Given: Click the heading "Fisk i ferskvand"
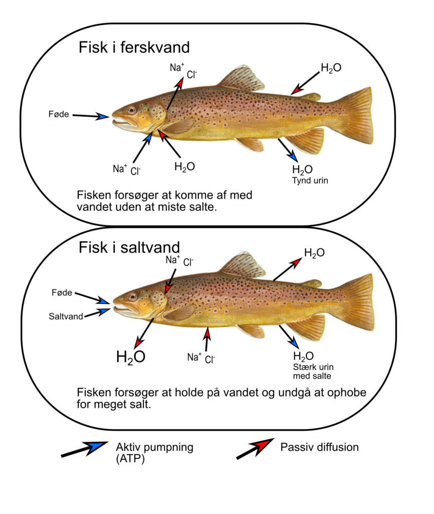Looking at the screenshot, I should point(134,48).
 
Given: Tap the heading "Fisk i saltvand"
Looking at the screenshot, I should point(129,248).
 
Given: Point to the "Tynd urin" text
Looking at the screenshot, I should point(310,181).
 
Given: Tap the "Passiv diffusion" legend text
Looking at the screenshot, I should point(319,447).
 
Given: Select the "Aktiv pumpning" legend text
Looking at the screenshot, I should point(154,447).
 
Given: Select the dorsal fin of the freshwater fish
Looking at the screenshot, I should point(243,79).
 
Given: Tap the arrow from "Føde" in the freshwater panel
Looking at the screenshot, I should point(91,116).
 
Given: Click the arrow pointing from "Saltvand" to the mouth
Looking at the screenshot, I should point(98,313).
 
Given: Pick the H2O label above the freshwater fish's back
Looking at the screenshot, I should point(331,68).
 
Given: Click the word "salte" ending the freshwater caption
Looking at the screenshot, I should point(201,207).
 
